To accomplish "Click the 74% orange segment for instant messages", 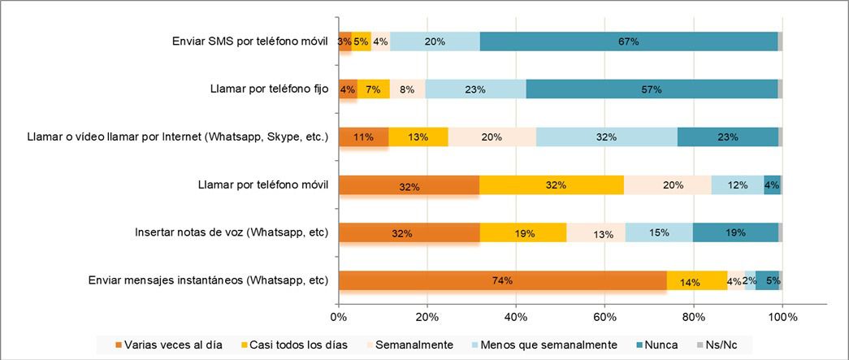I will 502,280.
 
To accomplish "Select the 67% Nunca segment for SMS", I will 628,41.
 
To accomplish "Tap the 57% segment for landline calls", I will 652,89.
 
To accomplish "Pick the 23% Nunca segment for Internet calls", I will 728,137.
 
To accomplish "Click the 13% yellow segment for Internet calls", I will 418,137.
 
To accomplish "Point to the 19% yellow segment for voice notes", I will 523,233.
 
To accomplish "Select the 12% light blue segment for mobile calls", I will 737,185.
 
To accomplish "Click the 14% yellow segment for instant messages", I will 697,280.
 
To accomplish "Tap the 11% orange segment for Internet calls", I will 363,137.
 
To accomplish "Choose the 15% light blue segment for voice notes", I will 659,233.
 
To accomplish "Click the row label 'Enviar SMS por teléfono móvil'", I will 250,41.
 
